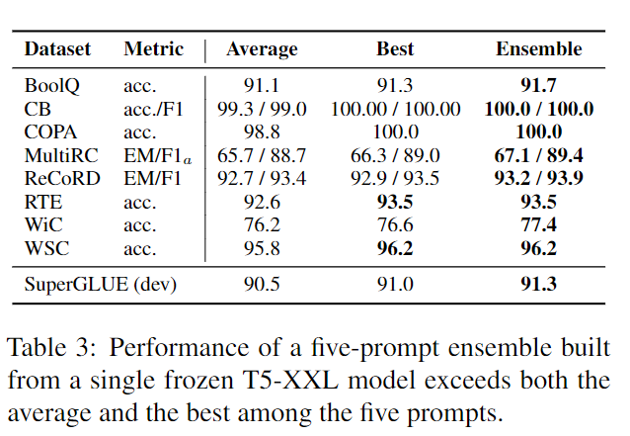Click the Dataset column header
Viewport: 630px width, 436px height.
(57, 48)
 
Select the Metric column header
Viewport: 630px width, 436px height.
(153, 48)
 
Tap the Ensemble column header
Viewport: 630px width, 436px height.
(538, 48)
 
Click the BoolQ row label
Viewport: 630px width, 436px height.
(51, 86)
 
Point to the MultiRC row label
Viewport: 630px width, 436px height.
(58, 155)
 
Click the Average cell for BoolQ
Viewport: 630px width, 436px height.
(263, 86)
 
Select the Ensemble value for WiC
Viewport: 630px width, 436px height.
(538, 224)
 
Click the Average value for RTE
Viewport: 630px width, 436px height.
(263, 202)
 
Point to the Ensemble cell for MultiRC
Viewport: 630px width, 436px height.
(538, 155)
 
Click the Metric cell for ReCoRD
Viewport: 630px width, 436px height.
(154, 178)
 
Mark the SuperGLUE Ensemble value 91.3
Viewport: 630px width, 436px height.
(538, 286)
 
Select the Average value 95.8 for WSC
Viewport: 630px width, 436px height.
(263, 248)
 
